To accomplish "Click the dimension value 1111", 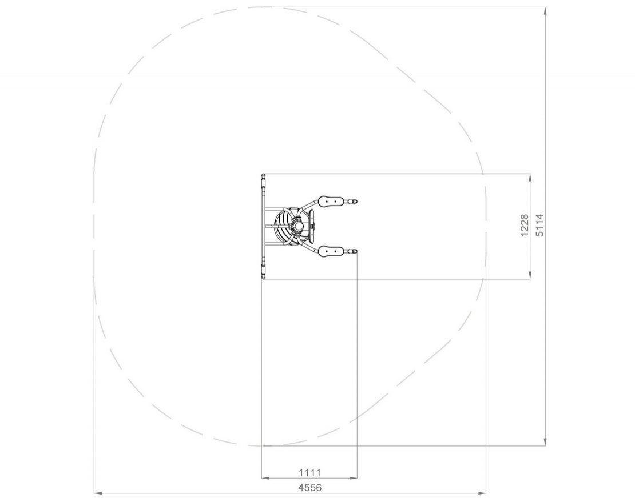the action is pyautogui.click(x=310, y=472).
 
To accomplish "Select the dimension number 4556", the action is pyautogui.click(x=310, y=488).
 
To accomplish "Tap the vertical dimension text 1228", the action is pyautogui.click(x=525, y=226).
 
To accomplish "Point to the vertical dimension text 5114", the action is pyautogui.click(x=540, y=225).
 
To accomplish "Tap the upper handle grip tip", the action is pyautogui.click(x=355, y=201).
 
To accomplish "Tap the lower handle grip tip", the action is pyautogui.click(x=355, y=251).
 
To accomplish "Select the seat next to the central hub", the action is pyautogui.click(x=312, y=226).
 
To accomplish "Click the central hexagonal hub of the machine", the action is pyautogui.click(x=299, y=226).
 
